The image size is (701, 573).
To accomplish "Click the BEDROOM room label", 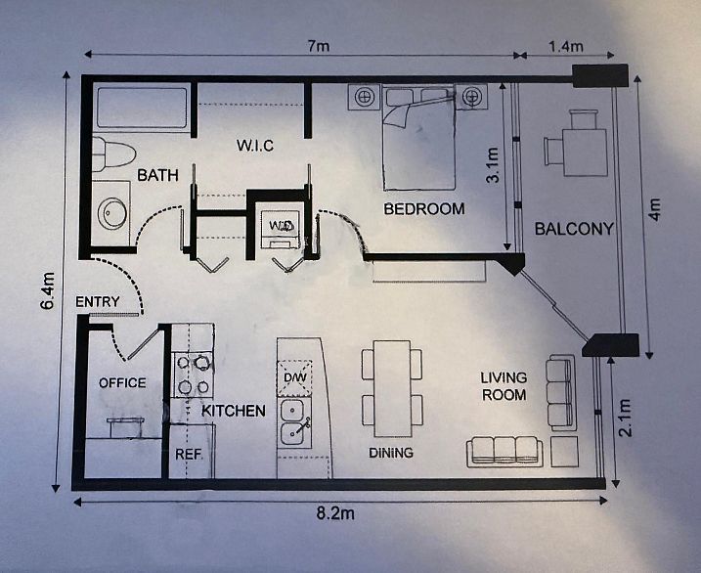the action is (x=424, y=208).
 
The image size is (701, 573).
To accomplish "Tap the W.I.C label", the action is (x=255, y=146).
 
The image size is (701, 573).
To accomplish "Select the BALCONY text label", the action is (x=574, y=229).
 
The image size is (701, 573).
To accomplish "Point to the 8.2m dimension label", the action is (x=335, y=513).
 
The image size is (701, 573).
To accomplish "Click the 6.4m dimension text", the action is (x=47, y=290).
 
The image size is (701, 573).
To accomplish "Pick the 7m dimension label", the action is (x=319, y=46).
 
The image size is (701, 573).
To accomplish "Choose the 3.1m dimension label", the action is (x=492, y=165).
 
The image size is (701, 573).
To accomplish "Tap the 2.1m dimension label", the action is (x=624, y=418).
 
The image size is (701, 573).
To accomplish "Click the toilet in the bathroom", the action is (x=113, y=154).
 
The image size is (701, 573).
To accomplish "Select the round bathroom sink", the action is (x=111, y=213).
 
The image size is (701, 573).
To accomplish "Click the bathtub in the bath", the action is (x=142, y=108).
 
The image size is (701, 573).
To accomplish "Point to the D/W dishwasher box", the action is (x=295, y=378).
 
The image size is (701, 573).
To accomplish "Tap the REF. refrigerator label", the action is (x=189, y=454).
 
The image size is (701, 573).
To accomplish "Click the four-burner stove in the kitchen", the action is (x=194, y=375).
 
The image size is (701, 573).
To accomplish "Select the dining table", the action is (x=392, y=388).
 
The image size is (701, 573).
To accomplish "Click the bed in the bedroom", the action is (x=418, y=137).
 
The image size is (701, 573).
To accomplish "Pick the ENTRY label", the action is (x=98, y=302).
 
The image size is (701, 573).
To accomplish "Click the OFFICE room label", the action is (x=122, y=383).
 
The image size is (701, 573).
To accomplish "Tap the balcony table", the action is (x=585, y=153).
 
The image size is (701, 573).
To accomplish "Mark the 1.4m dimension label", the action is (x=565, y=46).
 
